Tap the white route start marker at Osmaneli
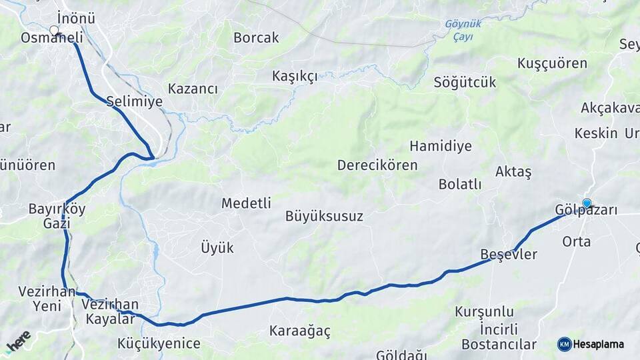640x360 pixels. [55, 30]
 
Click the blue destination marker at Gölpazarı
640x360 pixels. [587, 203]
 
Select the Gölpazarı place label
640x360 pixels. [586, 211]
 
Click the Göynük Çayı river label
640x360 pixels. [463, 30]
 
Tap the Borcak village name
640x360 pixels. [256, 38]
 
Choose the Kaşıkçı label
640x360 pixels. [295, 76]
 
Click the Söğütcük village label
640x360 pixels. [465, 83]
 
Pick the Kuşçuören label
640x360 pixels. [552, 63]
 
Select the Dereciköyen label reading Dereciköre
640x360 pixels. [377, 165]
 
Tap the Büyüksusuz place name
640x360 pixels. [324, 216]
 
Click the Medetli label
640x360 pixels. [246, 203]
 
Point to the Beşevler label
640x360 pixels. [509, 255]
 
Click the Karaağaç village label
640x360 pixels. [299, 331]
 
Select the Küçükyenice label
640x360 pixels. [159, 344]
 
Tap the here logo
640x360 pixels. [18, 341]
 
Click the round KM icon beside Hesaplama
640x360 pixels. [564, 344]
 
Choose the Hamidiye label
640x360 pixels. [441, 146]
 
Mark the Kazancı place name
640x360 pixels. [193, 89]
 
